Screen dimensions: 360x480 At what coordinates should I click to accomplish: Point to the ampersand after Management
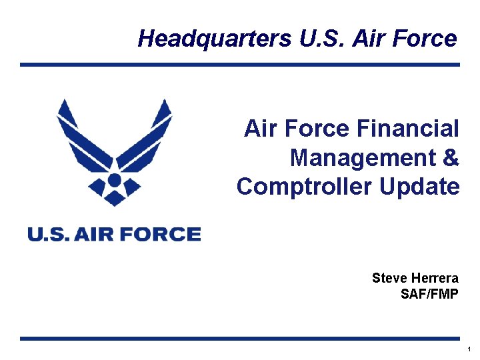[x=451, y=158]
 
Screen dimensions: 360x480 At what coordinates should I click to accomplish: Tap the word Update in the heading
[x=419, y=187]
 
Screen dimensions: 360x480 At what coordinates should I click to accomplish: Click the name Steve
[x=387, y=278]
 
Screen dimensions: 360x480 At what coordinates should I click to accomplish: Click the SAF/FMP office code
[x=429, y=293]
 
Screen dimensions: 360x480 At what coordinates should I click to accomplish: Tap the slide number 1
[x=469, y=349]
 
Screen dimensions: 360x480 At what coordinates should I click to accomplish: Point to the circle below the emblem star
[x=114, y=180]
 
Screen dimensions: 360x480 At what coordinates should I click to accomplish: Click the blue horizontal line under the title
[x=240, y=65]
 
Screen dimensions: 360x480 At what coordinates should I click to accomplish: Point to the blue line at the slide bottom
[x=240, y=339]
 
